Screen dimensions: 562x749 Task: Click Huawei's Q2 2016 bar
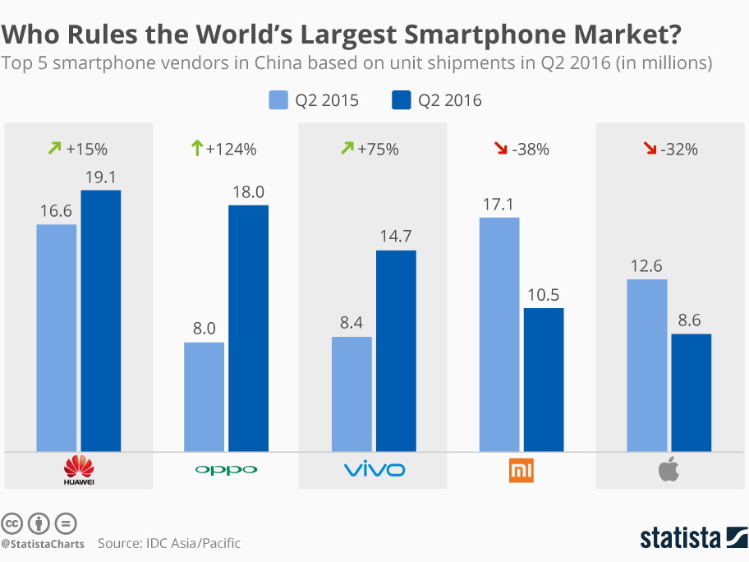pos(100,320)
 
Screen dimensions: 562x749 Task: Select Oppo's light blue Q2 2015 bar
pos(204,397)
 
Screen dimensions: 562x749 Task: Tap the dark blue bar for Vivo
pos(396,351)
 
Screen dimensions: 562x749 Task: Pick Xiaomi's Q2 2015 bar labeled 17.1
pos(499,334)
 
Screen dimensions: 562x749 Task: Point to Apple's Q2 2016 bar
pos(691,393)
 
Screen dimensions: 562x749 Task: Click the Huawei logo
pos(79,470)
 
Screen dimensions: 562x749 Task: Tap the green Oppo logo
pos(226,470)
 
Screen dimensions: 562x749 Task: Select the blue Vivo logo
pos(374,470)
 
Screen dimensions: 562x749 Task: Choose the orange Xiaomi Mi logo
pos(522,470)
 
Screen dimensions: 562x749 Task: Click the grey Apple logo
pos(669,470)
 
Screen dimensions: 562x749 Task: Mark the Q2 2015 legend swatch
pos(278,100)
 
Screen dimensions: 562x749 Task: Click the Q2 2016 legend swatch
pos(400,100)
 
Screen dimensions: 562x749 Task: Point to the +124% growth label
pos(231,150)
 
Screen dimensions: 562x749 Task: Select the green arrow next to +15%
pos(55,150)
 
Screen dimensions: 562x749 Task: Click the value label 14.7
pos(396,237)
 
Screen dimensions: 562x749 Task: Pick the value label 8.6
pos(691,321)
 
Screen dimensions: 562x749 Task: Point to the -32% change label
pos(679,150)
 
